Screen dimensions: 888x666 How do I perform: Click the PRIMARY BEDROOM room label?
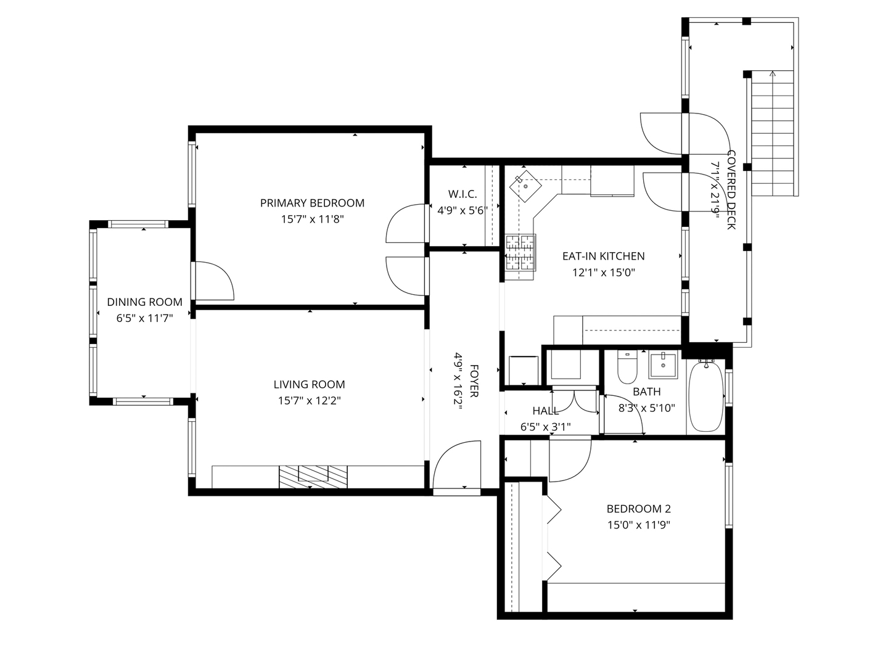pyautogui.click(x=312, y=203)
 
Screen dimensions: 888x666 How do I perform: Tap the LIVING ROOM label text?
pyautogui.click(x=309, y=384)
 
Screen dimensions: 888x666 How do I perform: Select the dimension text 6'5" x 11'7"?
pyautogui.click(x=144, y=318)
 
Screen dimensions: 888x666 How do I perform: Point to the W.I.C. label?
pyautogui.click(x=462, y=194)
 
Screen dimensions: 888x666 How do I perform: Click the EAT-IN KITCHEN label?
pyautogui.click(x=603, y=256)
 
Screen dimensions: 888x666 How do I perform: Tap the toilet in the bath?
pyautogui.click(x=627, y=367)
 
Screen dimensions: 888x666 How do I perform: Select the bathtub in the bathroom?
pyautogui.click(x=706, y=395)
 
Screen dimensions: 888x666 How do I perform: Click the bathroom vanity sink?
pyautogui.click(x=663, y=365)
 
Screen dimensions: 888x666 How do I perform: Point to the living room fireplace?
pyautogui.click(x=313, y=477)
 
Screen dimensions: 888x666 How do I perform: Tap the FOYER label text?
pyautogui.click(x=474, y=381)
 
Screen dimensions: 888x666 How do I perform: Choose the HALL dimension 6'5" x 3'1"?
pyautogui.click(x=545, y=427)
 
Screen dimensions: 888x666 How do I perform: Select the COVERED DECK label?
pyautogui.click(x=731, y=190)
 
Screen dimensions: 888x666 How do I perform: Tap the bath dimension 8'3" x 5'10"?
pyautogui.click(x=646, y=408)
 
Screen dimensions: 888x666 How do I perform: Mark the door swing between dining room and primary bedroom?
pyautogui.click(x=215, y=281)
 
